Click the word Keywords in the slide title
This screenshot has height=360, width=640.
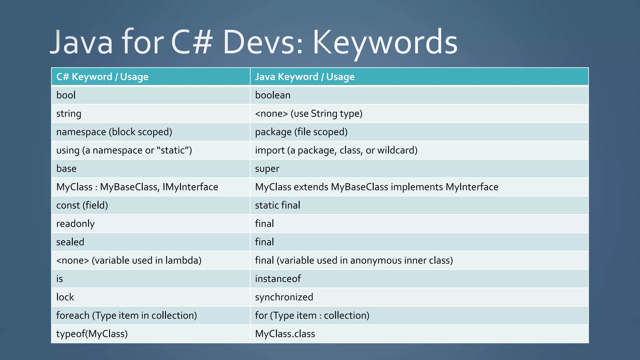(x=385, y=42)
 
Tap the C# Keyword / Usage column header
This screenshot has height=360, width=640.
(x=102, y=77)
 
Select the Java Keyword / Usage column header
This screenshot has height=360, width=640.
(x=305, y=77)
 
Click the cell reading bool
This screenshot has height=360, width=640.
(x=66, y=95)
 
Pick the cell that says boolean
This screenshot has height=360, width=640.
(x=272, y=95)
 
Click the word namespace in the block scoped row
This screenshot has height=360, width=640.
(x=81, y=132)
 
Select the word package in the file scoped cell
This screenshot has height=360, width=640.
(x=273, y=132)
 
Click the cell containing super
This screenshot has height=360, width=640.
(x=267, y=169)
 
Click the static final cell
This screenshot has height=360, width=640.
(x=277, y=205)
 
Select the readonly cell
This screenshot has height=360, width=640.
(x=75, y=224)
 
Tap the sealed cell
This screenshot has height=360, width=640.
(x=70, y=242)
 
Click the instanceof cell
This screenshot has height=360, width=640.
(x=278, y=279)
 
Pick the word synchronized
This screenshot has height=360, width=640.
(x=284, y=297)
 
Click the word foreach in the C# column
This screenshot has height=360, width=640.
(x=73, y=315)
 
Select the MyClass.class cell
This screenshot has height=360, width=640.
(x=285, y=334)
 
